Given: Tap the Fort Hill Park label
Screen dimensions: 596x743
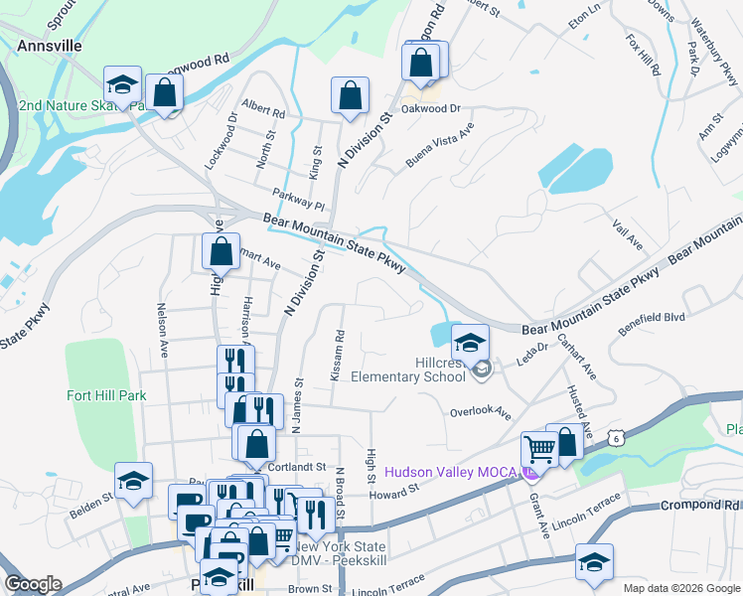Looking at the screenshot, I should click(x=106, y=395).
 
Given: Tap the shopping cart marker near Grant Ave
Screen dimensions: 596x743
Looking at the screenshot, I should click(x=538, y=449).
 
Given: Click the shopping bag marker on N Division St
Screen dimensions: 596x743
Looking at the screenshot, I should click(x=350, y=96).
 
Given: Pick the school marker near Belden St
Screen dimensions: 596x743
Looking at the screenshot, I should click(x=133, y=481).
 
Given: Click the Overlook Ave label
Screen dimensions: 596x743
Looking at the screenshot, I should click(x=480, y=411).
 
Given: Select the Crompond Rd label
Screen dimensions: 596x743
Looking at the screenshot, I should click(x=700, y=506).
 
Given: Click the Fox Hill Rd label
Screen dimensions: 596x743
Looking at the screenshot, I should click(x=643, y=56).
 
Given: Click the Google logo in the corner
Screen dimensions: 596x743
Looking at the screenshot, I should click(x=34, y=584).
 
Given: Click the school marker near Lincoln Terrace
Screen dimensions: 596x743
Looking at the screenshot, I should click(x=594, y=562).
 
